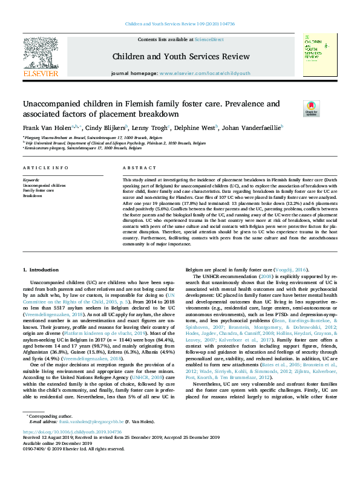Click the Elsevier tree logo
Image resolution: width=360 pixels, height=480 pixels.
pos(41,55)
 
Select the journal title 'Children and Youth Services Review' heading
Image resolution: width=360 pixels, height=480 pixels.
pos(180,57)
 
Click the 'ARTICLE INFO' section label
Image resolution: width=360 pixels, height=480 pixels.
pos(45,167)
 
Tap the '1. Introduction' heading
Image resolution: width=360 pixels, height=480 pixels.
pos(41,268)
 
